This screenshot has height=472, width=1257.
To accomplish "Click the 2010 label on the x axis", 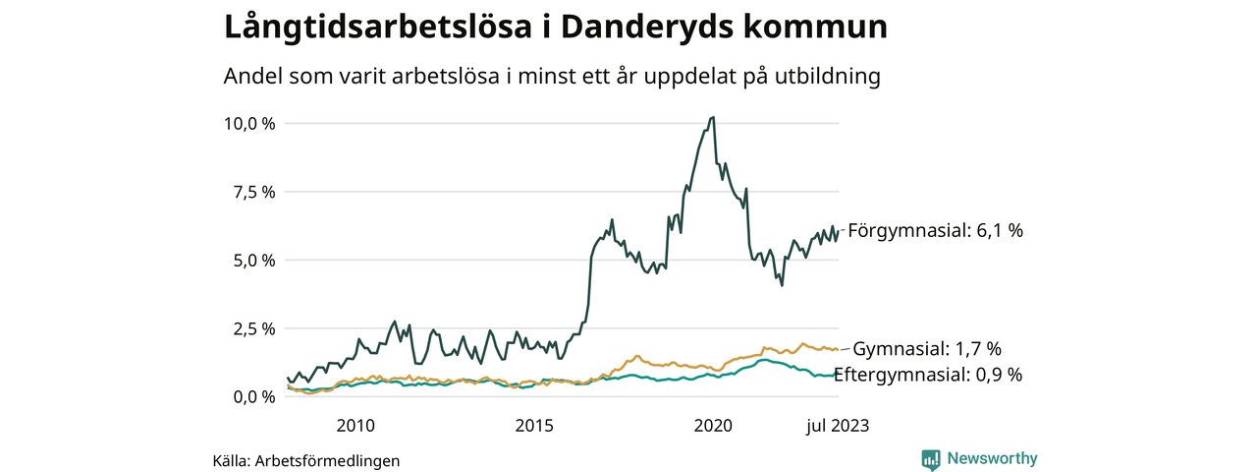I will point(355,426).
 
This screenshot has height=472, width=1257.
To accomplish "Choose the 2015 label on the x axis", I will point(534,426).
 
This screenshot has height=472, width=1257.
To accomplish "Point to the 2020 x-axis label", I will point(714,426).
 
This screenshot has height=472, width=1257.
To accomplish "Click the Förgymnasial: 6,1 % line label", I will point(935,231).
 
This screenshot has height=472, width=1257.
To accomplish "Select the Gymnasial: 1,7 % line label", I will point(927,349).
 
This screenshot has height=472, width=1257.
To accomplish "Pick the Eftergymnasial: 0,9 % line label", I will point(928,375).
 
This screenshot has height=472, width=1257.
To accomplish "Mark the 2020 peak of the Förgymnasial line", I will point(712,117).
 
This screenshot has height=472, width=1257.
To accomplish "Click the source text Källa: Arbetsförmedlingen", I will point(306,460).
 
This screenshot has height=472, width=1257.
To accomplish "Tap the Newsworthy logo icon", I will point(931,459).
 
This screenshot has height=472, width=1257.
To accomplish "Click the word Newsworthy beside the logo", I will point(992,458).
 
